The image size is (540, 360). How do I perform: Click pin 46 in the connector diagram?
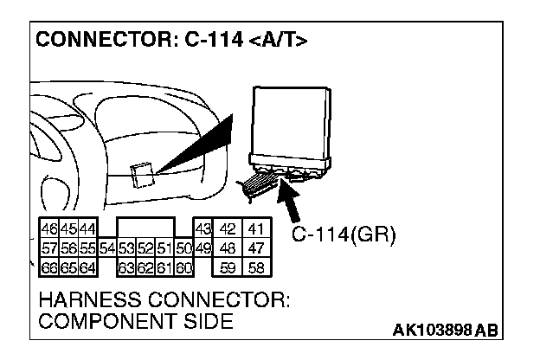48,230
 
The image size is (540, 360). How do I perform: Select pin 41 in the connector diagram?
255,230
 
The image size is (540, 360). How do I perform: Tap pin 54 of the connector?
107,248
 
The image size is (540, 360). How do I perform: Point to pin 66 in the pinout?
48,267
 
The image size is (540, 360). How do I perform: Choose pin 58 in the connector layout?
255,267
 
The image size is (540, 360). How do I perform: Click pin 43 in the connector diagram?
202,230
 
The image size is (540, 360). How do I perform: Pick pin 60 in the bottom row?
183,267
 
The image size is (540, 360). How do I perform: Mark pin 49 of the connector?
202,248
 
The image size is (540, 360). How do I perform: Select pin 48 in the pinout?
229,248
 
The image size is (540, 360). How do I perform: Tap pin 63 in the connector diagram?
125,267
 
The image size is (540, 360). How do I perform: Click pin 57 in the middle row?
48,248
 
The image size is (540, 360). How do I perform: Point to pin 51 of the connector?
164,248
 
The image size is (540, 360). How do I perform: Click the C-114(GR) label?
343,236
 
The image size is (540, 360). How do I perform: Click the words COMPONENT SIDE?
135,322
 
